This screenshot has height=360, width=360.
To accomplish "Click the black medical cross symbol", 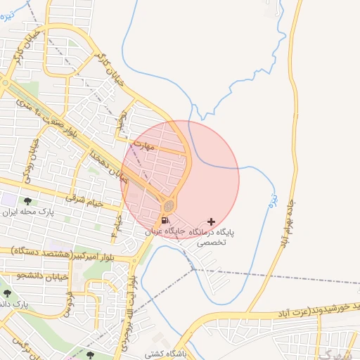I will (x=211, y=221).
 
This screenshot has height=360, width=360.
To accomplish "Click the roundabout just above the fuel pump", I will (x=169, y=206).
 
